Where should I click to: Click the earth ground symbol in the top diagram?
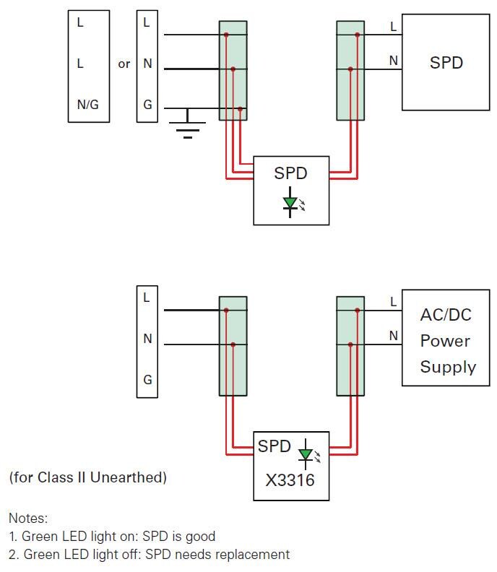tap(188, 128)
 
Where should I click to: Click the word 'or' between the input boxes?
tap(124, 64)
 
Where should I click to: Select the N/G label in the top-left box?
tap(87, 105)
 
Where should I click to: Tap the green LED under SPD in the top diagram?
tap(290, 204)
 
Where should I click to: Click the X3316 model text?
tap(290, 479)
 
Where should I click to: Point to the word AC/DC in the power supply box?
tap(445, 316)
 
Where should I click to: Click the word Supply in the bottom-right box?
tap(448, 367)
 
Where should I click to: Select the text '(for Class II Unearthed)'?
tap(87, 477)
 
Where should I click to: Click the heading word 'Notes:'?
tap(27, 518)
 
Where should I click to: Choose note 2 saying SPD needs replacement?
tap(149, 555)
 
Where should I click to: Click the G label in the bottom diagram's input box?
tap(147, 380)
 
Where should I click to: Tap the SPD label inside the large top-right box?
tap(446, 63)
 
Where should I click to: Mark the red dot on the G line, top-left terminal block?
tap(239, 109)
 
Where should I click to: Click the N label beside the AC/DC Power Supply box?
tap(393, 336)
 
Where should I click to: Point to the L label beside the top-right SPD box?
tap(393, 27)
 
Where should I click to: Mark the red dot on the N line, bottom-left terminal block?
tap(233, 344)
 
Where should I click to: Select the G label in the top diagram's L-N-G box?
tap(147, 105)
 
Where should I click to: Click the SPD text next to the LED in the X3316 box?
tap(274, 446)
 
